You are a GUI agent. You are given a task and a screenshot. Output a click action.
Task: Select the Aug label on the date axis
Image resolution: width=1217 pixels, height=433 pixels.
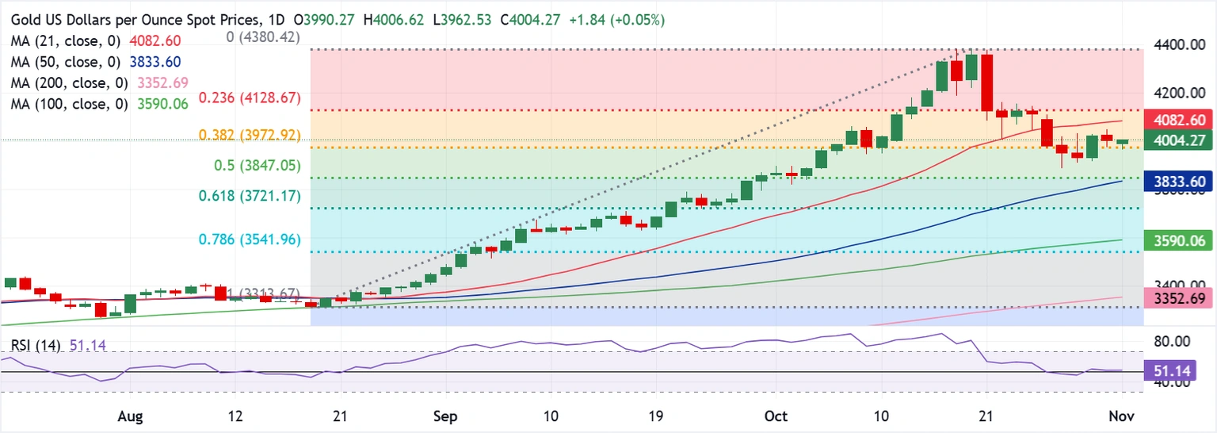click(131, 416)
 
